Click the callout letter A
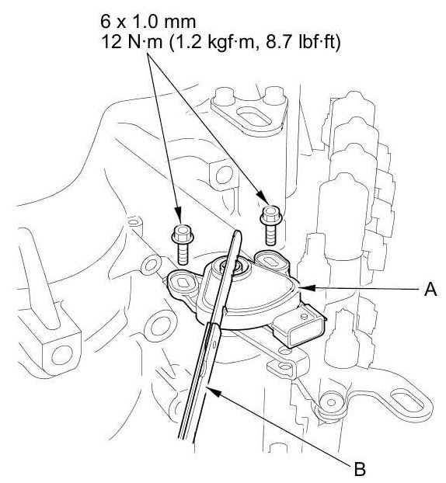pyautogui.click(x=430, y=289)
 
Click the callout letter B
pyautogui.click(x=360, y=470)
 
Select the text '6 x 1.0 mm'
pyautogui.click(x=148, y=23)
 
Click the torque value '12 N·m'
pyautogui.click(x=131, y=42)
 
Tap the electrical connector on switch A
pyautogui.click(x=299, y=326)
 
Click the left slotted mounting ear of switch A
pyautogui.click(x=181, y=281)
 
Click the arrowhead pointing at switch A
pyautogui.click(x=308, y=288)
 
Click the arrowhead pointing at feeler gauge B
pyautogui.click(x=214, y=392)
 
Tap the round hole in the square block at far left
pyautogui.click(x=62, y=355)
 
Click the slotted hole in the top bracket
pyautogui.click(x=249, y=117)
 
